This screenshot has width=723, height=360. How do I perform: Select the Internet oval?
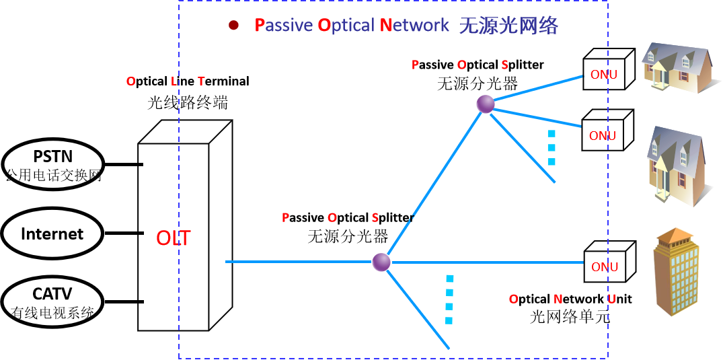52,233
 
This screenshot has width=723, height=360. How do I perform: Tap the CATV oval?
52,301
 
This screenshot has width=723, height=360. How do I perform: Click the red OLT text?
174,238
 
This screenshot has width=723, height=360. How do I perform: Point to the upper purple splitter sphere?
486,104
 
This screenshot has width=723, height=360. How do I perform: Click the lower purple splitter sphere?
381,262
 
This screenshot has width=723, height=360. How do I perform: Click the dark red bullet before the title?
233,26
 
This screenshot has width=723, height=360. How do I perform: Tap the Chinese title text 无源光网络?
508,26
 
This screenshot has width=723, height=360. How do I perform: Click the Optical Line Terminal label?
188,81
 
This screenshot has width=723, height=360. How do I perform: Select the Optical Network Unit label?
570,299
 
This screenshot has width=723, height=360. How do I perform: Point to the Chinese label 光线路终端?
188,102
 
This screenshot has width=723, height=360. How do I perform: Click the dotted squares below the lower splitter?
449,299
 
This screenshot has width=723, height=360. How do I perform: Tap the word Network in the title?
414,26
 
